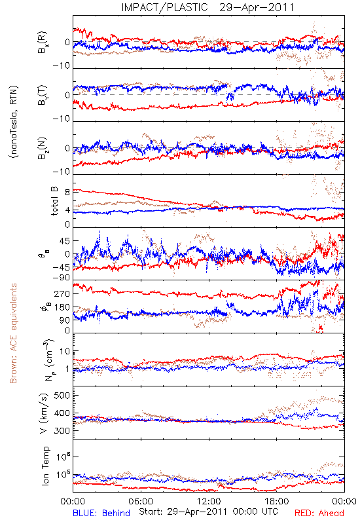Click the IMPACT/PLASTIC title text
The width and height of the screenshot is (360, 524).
point(164,7)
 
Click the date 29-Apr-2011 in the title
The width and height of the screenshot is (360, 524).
point(257,7)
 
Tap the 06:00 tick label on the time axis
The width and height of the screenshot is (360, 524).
point(141,502)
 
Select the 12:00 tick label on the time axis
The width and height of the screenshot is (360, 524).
point(209,502)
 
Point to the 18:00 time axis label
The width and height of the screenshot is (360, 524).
point(277,502)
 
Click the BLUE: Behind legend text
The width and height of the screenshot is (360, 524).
point(101,514)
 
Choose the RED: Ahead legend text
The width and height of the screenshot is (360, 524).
point(319,514)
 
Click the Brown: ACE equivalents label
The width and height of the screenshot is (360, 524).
point(12,333)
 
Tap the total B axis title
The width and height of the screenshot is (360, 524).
point(54,201)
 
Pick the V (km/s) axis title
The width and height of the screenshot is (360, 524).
point(44,413)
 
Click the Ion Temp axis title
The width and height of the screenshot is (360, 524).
point(45,466)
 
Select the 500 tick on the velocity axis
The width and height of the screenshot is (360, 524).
point(62,396)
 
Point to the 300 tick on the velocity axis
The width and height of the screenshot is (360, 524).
point(62,431)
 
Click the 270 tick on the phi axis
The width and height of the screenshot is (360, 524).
point(62,293)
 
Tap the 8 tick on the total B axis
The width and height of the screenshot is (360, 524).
point(67,192)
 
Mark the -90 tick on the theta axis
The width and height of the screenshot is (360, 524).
point(61,278)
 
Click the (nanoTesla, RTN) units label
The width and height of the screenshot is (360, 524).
point(14,122)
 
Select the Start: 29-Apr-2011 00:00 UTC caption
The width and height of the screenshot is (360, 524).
point(208,512)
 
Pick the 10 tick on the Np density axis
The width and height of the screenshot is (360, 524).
point(65,351)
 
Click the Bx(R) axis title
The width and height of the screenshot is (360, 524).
point(43,43)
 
